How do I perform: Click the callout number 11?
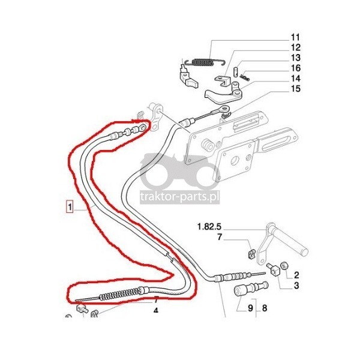[295, 37]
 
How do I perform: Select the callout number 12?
[296, 47]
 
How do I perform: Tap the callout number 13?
[296, 58]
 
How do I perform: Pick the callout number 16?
[296, 68]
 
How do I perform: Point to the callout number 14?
[296, 79]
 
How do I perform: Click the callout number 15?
[296, 89]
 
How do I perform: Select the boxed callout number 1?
[70, 206]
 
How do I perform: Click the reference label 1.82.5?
[209, 227]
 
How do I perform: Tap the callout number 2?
[296, 275]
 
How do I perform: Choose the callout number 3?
[296, 286]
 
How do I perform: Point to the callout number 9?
[250, 308]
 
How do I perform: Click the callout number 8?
[265, 308]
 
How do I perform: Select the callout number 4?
[155, 311]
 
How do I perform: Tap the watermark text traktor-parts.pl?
[180, 197]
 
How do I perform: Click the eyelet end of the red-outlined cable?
[142, 127]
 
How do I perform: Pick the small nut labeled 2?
[285, 266]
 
